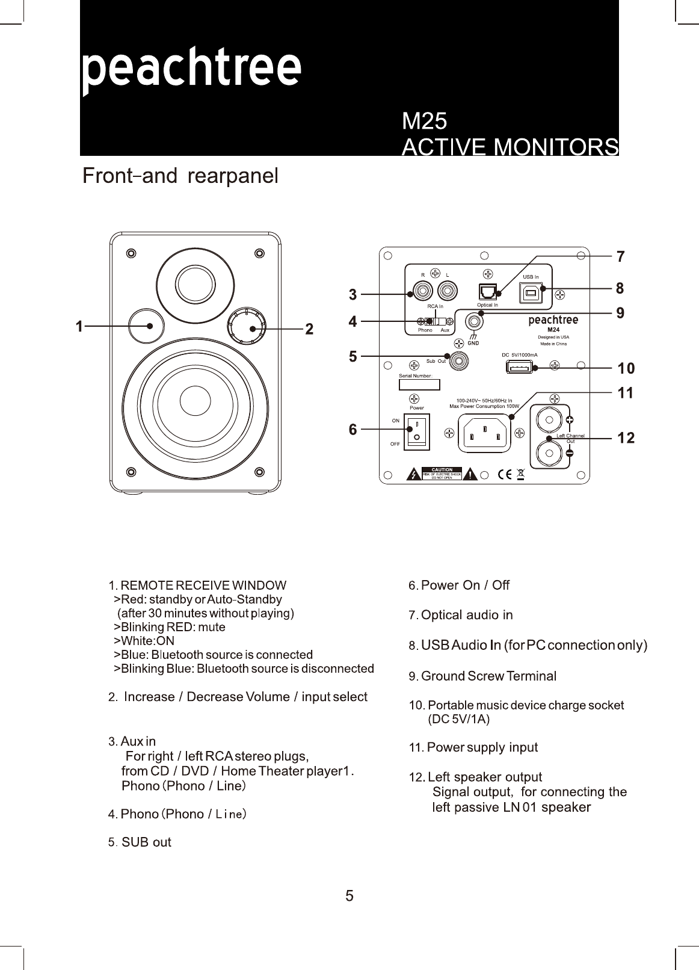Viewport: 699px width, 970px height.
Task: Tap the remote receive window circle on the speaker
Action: (x=146, y=326)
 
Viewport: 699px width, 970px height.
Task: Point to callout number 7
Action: (x=620, y=257)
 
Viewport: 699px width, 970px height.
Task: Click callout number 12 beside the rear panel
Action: (x=626, y=438)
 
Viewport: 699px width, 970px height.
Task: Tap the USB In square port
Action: (x=530, y=292)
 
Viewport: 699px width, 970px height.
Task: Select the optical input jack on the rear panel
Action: (x=487, y=292)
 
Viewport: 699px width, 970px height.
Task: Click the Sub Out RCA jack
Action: (x=459, y=361)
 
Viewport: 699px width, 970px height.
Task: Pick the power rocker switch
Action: (x=417, y=430)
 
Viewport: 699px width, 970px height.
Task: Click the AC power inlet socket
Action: (x=484, y=434)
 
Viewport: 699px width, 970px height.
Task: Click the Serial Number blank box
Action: (x=419, y=385)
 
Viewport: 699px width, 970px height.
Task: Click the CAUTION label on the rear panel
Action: (x=442, y=474)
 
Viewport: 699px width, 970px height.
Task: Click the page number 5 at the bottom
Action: (x=349, y=896)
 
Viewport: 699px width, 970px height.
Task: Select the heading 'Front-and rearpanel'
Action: (x=180, y=176)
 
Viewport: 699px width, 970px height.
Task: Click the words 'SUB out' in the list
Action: (x=146, y=842)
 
